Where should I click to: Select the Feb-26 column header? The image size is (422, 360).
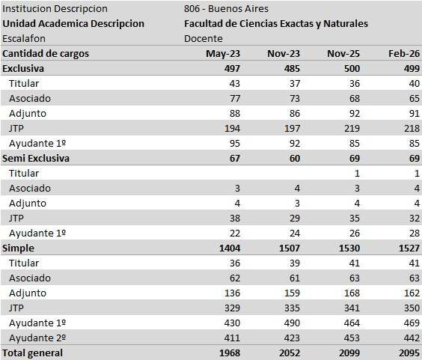(403, 53)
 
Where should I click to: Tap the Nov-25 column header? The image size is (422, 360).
(343, 53)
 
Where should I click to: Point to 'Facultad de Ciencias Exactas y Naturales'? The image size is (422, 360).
(276, 23)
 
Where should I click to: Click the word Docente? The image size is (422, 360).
(203, 38)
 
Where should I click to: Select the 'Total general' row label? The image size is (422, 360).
(33, 353)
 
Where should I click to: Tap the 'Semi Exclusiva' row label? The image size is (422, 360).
(37, 158)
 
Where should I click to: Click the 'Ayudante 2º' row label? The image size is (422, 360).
(37, 338)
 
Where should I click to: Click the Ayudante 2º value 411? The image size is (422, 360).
(230, 338)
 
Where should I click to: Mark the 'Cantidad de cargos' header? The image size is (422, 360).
(46, 53)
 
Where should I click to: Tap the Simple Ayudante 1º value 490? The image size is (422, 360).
(290, 323)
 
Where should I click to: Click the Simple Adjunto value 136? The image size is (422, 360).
(230, 293)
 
